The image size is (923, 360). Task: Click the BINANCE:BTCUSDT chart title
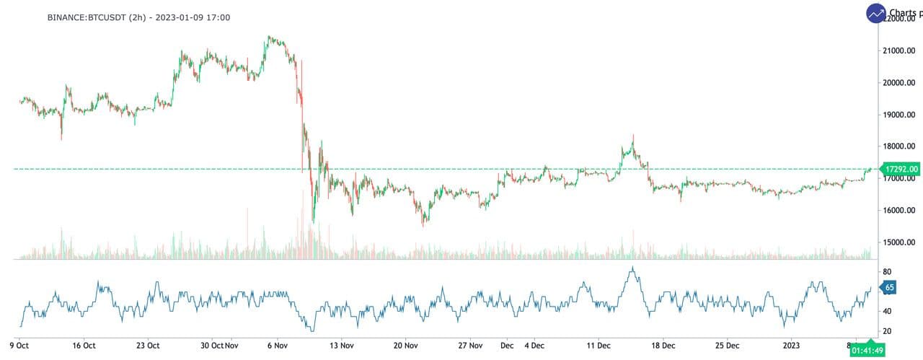tap(138, 17)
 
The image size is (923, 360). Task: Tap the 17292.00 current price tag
tap(901, 169)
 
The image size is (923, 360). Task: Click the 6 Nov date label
tap(278, 345)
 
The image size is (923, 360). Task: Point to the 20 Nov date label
tap(405, 345)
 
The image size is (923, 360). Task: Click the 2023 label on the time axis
tap(791, 345)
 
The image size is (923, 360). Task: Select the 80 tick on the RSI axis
tap(888, 271)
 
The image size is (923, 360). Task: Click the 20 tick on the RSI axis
tap(888, 331)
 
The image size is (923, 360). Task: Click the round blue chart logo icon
tap(877, 13)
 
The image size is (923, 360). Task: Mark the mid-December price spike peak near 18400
tap(633, 135)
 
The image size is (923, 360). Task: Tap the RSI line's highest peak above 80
tap(632, 268)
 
